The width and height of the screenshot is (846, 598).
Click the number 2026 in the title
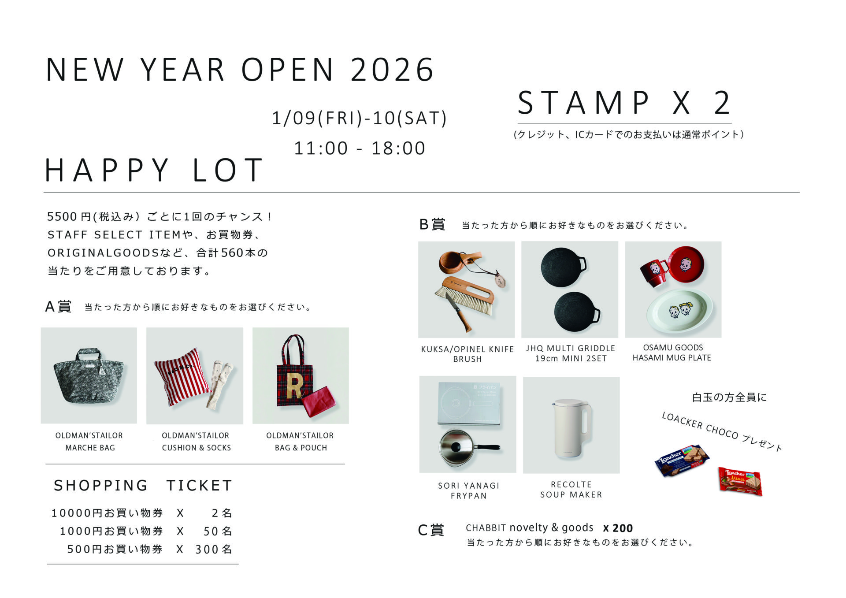tap(392, 70)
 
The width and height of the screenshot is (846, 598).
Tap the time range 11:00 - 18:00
tap(360, 149)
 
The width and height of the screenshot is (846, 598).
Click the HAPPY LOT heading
tap(154, 170)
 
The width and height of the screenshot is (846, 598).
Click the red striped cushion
tap(182, 376)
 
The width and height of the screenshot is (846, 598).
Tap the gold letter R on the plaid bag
tap(294, 386)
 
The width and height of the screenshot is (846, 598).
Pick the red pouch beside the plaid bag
tap(319, 401)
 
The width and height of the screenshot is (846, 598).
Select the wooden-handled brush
tap(465, 296)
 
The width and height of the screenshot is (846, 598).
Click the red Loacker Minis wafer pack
tap(740, 481)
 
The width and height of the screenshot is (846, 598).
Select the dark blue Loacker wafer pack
tap(682, 460)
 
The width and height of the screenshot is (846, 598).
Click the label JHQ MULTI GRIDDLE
tap(571, 348)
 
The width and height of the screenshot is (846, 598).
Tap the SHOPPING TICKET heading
tap(143, 485)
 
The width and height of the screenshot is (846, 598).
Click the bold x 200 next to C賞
tap(618, 528)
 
